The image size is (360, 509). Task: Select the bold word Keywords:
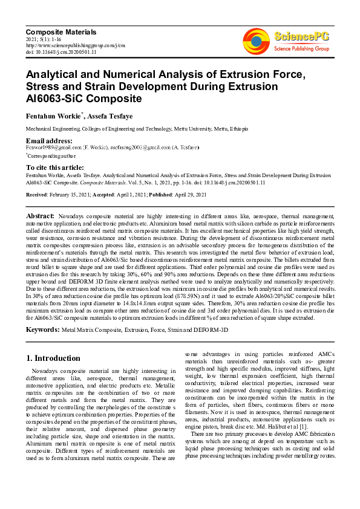pyautogui.click(x=43, y=329)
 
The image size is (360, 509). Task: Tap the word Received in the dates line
pyautogui.click(x=37, y=195)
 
